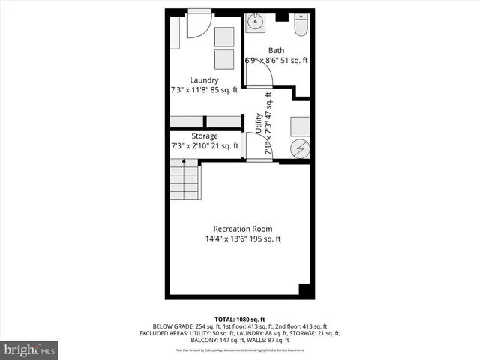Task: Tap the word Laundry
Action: click(204, 80)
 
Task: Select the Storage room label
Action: click(204, 136)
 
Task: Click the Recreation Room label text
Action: click(243, 229)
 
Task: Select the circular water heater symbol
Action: click(300, 148)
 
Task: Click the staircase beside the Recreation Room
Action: click(185, 182)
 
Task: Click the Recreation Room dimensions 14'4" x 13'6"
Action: click(243, 239)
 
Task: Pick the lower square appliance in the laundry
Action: click(224, 59)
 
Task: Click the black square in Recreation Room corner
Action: click(304, 289)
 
